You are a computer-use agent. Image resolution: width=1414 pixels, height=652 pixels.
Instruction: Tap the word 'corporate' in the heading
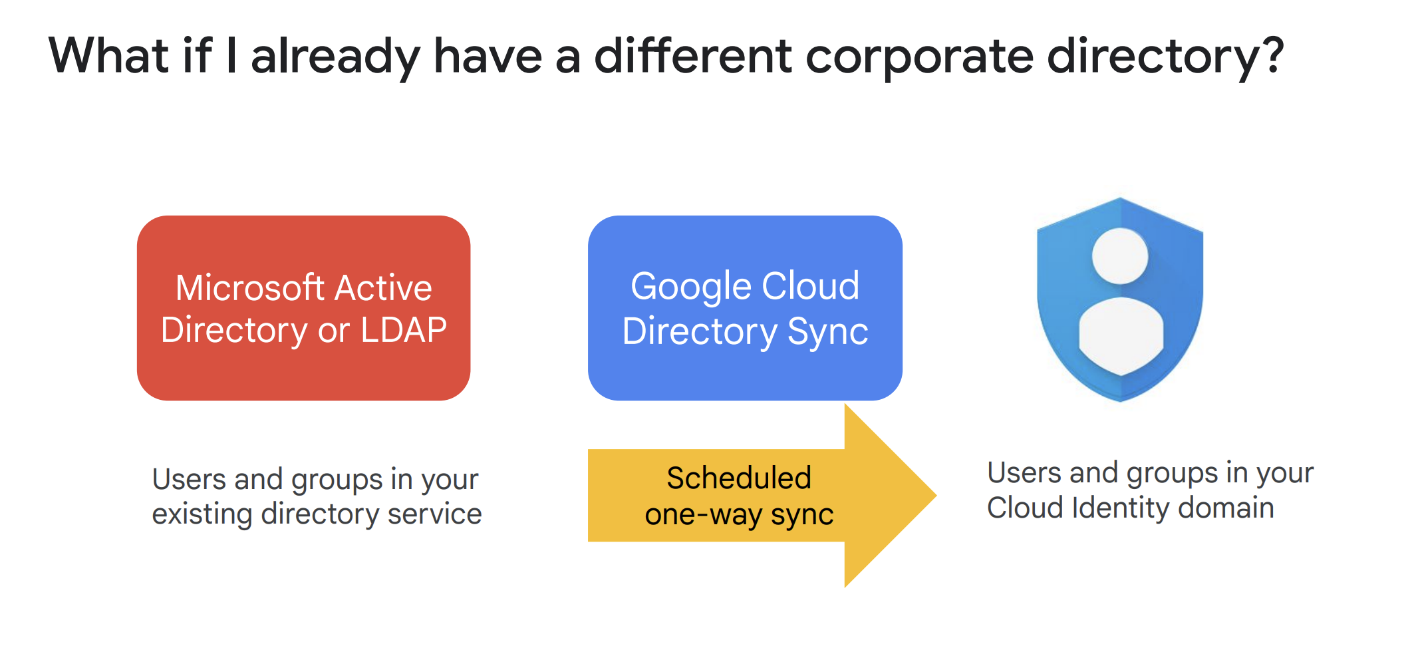(920, 59)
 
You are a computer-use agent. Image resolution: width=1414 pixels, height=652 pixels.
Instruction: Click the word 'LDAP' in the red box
(404, 330)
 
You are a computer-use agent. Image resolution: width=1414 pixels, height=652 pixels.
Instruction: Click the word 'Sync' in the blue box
(828, 333)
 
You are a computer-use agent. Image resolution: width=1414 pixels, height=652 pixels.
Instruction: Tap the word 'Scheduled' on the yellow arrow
(739, 478)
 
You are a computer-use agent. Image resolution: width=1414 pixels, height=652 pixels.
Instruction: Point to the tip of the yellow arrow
(936, 495)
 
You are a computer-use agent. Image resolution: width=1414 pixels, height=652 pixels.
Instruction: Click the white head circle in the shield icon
(1120, 256)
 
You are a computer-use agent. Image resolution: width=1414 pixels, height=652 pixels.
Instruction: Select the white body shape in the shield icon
(1121, 336)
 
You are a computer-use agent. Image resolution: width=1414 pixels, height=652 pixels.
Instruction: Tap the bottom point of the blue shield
(1120, 402)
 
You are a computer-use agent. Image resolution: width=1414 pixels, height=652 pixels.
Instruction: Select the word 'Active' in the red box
(383, 287)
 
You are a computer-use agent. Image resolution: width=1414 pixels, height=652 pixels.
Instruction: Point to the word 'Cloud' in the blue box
(810, 286)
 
